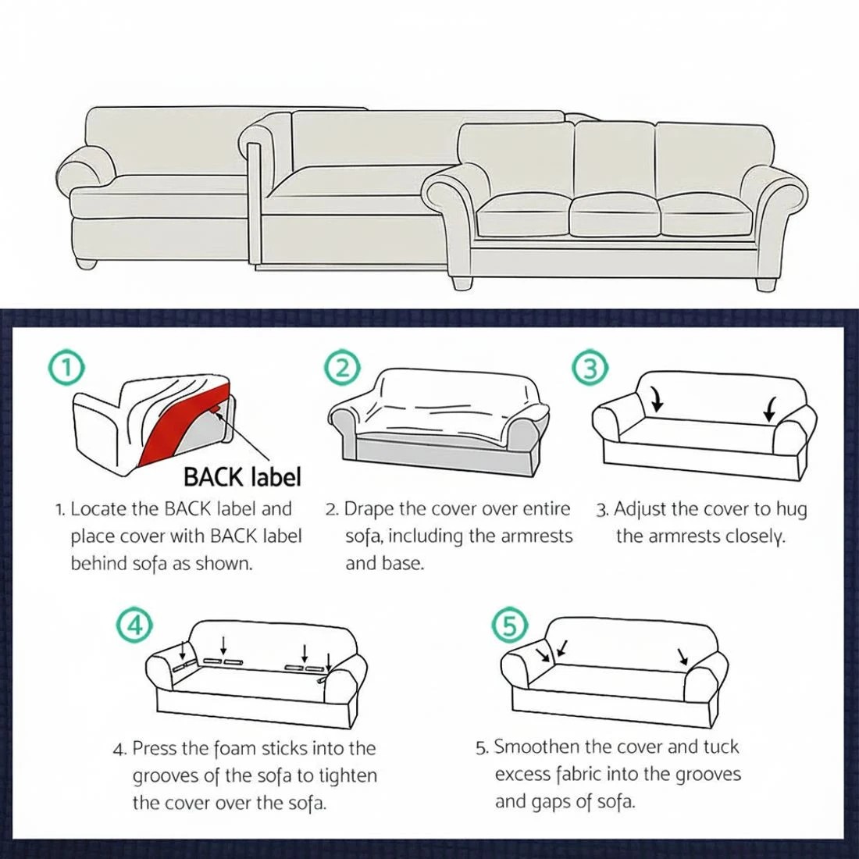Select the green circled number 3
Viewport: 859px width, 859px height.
[x=591, y=368]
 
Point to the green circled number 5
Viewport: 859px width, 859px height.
[x=510, y=625]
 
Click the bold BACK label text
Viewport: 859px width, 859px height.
[x=241, y=476]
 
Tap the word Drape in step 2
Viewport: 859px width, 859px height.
[x=369, y=509]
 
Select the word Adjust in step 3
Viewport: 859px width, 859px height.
[x=640, y=509]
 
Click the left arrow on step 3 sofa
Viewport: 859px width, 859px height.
[x=657, y=401]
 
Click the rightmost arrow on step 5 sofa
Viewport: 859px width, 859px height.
[x=683, y=656]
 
